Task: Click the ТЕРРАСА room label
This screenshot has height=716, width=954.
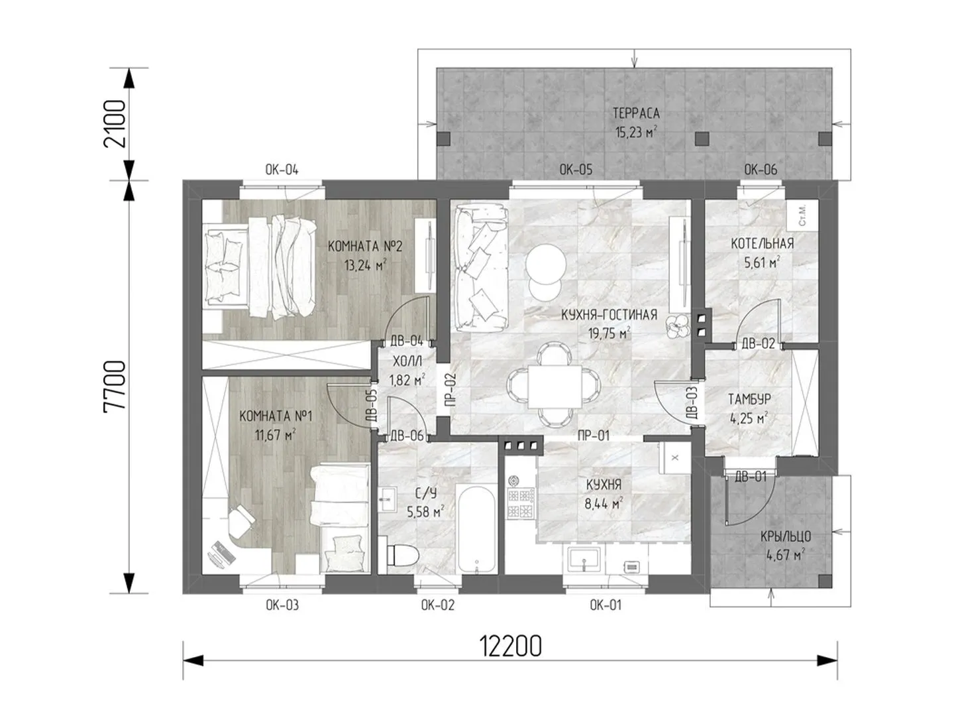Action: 636,113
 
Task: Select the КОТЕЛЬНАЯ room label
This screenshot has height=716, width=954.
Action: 762,243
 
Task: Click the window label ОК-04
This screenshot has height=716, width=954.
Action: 282,170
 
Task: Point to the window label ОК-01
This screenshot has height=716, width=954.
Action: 606,605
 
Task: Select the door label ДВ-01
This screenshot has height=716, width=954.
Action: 751,477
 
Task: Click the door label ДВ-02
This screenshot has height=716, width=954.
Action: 758,344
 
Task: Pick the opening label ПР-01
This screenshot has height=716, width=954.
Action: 593,435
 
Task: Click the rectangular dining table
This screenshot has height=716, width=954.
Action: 555,387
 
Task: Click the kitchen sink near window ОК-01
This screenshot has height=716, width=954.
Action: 584,560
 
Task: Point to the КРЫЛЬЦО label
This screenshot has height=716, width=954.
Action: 786,536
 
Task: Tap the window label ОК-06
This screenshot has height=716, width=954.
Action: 761,170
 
